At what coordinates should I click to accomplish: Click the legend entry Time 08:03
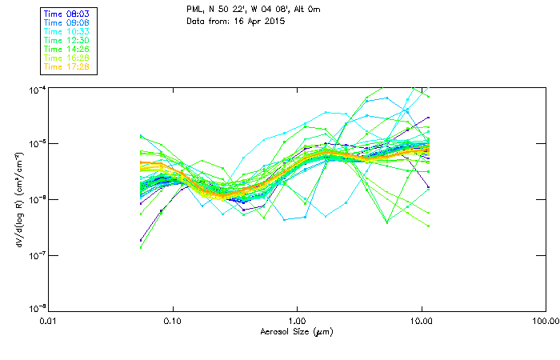coord(67,14)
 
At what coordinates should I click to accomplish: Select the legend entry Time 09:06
coord(67,22)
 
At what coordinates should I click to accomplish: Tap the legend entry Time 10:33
coord(67,31)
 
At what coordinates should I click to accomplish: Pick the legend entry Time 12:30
coord(67,40)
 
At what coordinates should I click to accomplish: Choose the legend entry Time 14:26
coord(67,49)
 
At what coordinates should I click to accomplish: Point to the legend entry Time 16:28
coord(67,58)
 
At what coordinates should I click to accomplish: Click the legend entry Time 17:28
coord(67,66)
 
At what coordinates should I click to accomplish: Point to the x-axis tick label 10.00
coord(422,322)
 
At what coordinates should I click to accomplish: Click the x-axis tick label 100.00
coord(545,322)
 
